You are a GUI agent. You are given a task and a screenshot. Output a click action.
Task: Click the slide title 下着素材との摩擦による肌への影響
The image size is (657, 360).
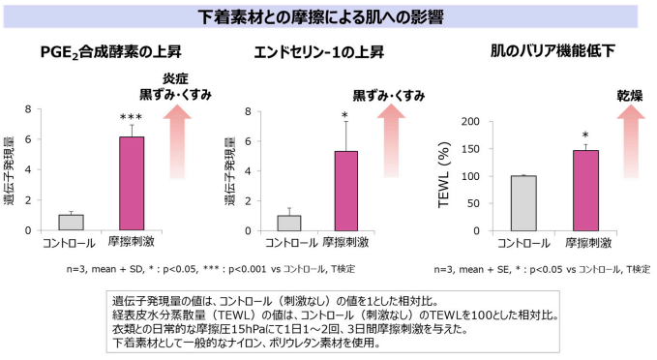pos(327,17)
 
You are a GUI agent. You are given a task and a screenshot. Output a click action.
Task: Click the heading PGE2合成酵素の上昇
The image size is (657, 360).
pos(110,52)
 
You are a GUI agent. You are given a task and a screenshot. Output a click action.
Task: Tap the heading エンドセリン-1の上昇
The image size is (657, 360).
pos(321,52)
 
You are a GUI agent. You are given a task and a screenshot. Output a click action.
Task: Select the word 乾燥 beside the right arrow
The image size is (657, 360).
pos(631,96)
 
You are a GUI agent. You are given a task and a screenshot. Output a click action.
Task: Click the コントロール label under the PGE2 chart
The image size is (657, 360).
pos(71,242)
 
